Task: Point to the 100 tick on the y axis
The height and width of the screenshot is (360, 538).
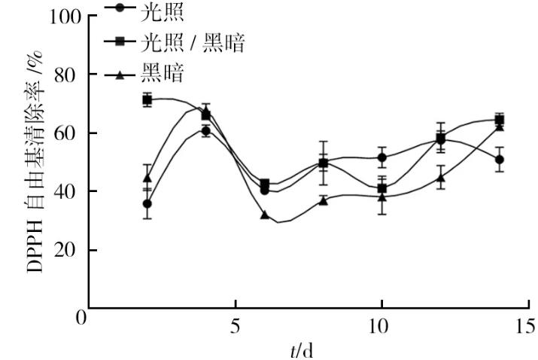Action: tap(64, 17)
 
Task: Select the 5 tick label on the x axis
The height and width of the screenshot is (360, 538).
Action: tap(235, 327)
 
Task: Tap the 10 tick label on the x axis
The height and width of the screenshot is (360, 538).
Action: tap(381, 327)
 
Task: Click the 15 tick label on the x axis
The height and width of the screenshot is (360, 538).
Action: tap(527, 327)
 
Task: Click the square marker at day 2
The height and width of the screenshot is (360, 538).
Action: tap(147, 99)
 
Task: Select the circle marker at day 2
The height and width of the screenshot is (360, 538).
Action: tap(147, 203)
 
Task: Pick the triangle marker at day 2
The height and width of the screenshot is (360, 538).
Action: tap(147, 178)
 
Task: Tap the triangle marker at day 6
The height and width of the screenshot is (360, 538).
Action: tap(265, 215)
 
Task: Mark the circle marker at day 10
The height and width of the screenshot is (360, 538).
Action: tap(382, 157)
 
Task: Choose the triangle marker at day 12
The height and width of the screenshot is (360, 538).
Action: tap(441, 178)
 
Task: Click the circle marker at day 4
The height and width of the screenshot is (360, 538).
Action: tap(205, 131)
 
